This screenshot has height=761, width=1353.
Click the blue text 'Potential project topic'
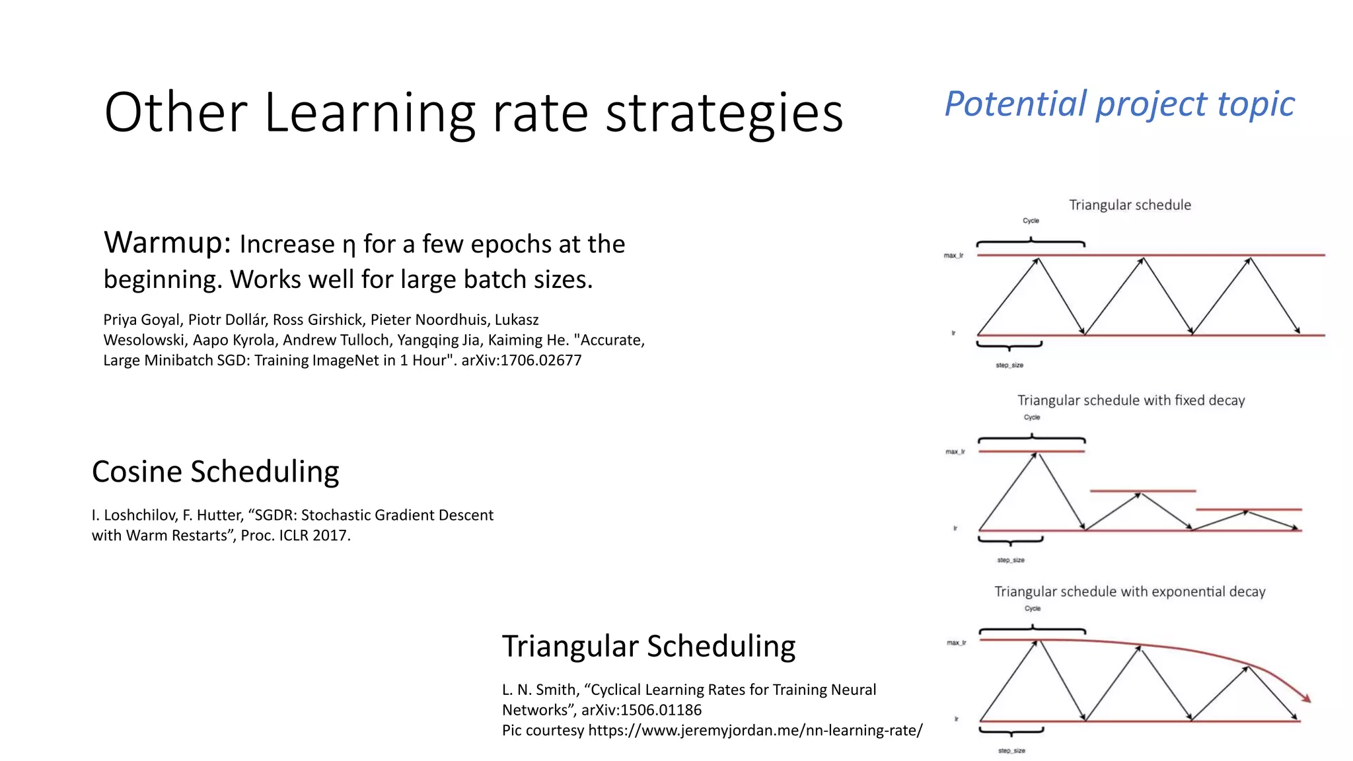[1119, 104]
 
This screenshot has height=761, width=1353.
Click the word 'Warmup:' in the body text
[166, 243]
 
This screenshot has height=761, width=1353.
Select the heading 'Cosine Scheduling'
[215, 472]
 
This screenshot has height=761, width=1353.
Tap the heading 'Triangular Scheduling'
[648, 646]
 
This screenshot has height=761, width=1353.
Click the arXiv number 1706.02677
[540, 361]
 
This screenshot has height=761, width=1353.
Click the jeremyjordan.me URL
[755, 731]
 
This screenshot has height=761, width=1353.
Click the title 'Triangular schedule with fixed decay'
[1130, 400]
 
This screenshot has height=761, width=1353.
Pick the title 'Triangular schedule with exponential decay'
[1130, 592]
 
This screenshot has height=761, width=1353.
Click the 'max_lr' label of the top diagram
[953, 256]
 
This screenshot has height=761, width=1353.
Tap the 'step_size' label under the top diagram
[1009, 365]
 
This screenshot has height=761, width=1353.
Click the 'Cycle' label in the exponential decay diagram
[1032, 609]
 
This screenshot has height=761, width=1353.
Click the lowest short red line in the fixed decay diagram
[1249, 509]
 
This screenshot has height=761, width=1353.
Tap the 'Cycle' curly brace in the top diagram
[1031, 242]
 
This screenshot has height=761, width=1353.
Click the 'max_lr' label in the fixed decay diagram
[955, 452]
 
